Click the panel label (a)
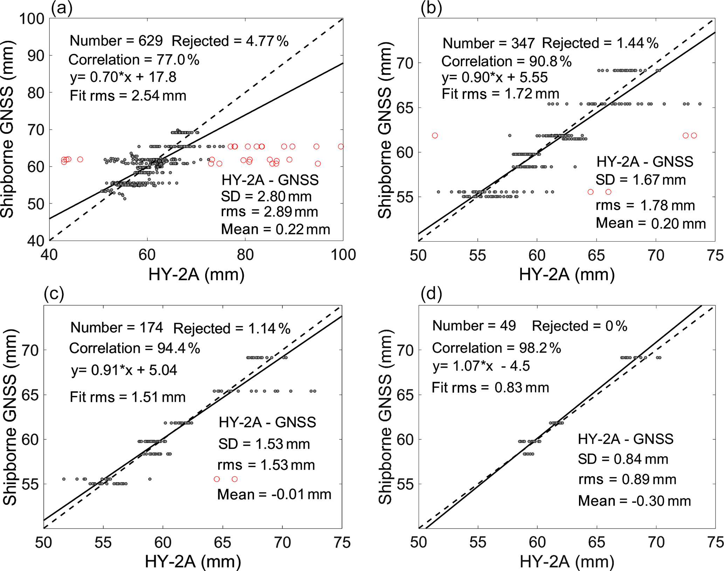point(62,8)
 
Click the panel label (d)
point(431,294)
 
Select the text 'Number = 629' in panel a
point(116,41)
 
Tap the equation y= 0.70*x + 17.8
point(123,77)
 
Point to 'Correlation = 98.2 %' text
point(496,348)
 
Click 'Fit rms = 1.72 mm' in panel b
point(500,94)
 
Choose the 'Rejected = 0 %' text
point(579,326)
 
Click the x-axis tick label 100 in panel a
point(343,255)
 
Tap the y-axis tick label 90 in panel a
point(36,56)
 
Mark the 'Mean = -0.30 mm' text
point(634,501)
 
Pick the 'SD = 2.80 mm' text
point(266,196)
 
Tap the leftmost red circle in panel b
point(435,135)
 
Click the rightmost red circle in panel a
point(341,147)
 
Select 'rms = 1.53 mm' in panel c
point(266,465)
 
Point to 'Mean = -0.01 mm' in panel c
point(274,494)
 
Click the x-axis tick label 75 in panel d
point(715,542)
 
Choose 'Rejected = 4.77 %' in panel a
point(230,41)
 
